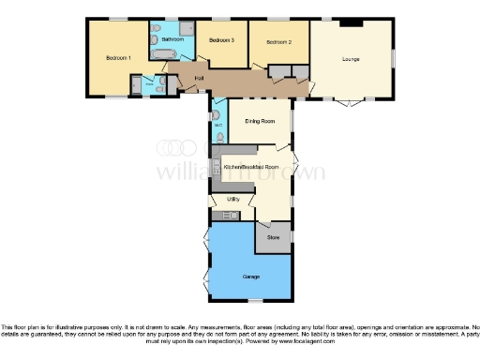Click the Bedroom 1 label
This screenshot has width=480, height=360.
point(118,58)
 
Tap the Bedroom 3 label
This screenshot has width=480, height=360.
point(221,40)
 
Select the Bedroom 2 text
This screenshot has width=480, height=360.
point(278,43)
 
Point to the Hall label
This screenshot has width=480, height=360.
point(199,78)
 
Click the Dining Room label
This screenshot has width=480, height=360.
point(260,121)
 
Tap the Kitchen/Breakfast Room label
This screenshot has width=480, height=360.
point(250,166)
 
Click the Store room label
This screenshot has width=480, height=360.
point(273,238)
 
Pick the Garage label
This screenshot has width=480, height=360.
point(251,277)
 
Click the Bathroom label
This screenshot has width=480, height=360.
point(172,39)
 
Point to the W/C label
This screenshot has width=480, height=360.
point(217,124)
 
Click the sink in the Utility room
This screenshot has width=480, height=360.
point(221,217)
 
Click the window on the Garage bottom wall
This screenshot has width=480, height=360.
point(250,299)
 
